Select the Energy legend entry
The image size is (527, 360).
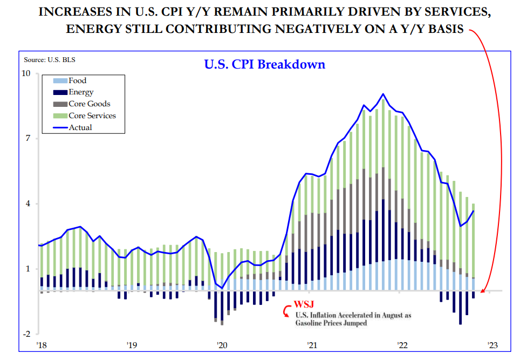[x=81, y=92]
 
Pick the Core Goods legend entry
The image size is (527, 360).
[x=89, y=104]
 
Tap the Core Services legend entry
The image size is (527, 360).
[x=92, y=116]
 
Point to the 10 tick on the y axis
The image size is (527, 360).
[x=26, y=73]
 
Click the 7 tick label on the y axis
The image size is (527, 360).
[x=29, y=139]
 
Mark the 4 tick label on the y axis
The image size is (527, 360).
[x=29, y=204]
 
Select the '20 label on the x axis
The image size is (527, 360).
[x=221, y=345]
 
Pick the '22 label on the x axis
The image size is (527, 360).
[x=402, y=345]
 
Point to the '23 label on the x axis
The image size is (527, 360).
[x=492, y=345]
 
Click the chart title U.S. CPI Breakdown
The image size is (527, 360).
[x=264, y=64]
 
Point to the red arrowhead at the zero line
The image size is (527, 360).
[x=483, y=290]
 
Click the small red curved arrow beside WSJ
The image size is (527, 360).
[x=286, y=312]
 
